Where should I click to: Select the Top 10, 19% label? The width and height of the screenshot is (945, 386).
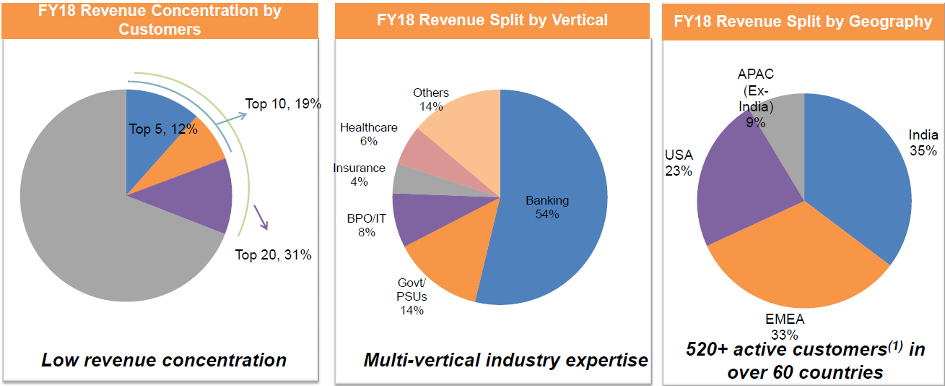283,103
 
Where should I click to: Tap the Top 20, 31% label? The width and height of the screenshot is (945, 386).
274,254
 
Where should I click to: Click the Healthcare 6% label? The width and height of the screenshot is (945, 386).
368,134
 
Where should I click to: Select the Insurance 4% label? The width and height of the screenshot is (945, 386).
359,174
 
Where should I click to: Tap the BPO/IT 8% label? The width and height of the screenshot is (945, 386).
366,226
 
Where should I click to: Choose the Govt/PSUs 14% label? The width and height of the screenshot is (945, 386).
412,296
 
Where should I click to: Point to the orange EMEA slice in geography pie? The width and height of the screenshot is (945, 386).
794,267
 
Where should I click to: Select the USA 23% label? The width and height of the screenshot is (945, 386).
679,163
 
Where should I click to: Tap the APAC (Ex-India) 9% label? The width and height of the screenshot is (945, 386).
755,98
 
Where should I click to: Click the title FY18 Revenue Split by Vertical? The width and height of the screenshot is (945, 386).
492,20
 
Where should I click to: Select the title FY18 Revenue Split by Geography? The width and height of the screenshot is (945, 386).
803,21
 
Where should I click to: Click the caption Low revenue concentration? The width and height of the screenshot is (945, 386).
164,360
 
